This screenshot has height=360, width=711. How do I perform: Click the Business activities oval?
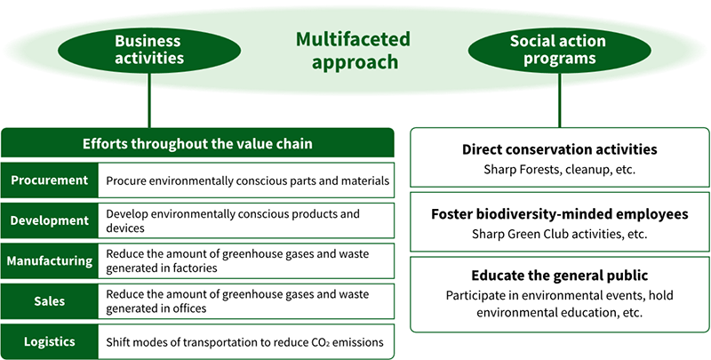point(148,49)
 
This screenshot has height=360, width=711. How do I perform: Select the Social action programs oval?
point(557,49)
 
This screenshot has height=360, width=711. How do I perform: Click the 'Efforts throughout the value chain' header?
point(197,143)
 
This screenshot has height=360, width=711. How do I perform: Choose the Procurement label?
point(50,180)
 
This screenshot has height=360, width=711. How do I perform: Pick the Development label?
point(50,220)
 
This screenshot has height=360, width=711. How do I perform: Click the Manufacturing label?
point(50,261)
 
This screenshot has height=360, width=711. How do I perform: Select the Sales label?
point(50,302)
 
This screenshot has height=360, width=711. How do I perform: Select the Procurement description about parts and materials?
point(247,180)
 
